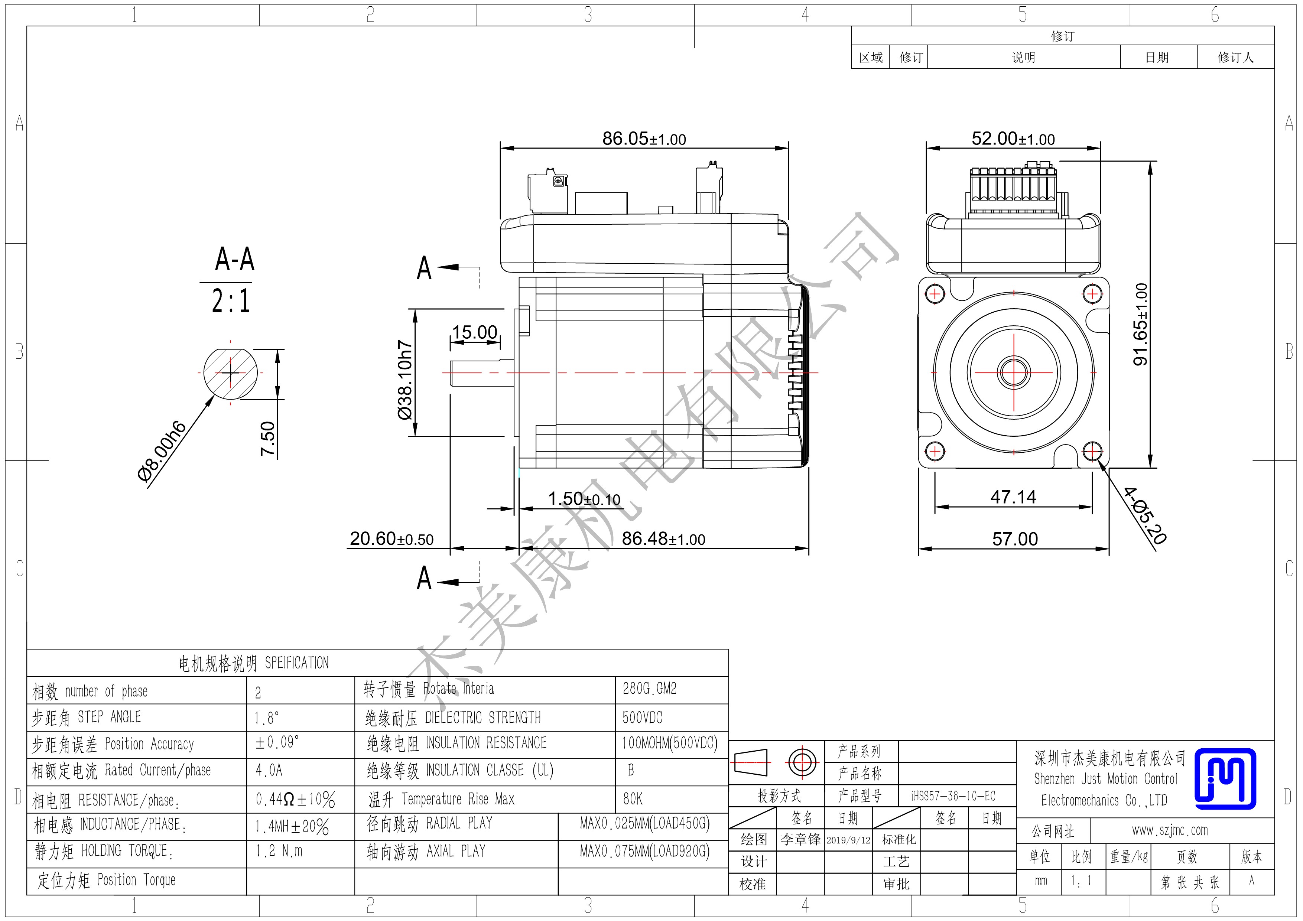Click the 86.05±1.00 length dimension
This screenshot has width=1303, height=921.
coord(644,139)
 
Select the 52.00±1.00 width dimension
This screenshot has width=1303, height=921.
coord(1013,139)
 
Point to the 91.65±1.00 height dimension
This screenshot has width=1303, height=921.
coord(1140,324)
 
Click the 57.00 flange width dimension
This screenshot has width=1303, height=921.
coord(1015,538)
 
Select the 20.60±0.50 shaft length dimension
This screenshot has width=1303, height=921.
coord(391,538)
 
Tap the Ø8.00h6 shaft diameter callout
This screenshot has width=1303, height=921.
coord(162,451)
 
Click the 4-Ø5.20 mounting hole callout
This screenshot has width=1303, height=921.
coord(1145,515)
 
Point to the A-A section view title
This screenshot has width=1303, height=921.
coord(234,259)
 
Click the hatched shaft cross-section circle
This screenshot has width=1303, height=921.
coord(230,373)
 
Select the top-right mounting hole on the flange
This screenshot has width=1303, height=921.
coord(1092,294)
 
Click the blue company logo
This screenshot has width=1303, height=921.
coord(1225,778)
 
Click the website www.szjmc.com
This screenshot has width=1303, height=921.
coord(1170,831)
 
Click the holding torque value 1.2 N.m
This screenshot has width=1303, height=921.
coord(279,851)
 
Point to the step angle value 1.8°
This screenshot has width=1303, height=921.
coord(267,718)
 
